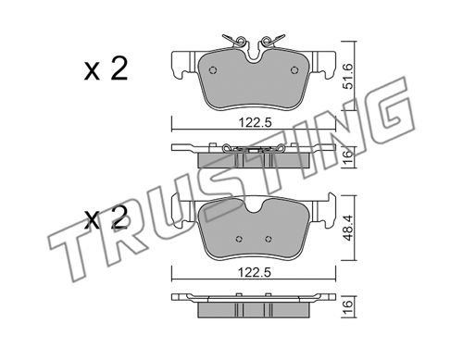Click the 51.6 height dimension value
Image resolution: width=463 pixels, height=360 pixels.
[348, 76]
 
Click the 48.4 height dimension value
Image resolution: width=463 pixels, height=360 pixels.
[348, 228]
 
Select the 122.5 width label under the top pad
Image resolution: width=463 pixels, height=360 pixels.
[255, 123]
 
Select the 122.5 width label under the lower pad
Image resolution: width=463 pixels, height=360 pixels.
[255, 272]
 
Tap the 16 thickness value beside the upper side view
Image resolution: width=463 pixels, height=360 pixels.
[348, 157]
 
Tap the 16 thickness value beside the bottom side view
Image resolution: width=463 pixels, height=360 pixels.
[348, 306]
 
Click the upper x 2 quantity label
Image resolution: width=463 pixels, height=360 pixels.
[106, 69]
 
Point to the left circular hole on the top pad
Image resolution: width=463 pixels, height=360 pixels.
[213, 70]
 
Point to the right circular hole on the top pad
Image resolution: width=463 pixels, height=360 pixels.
[294, 70]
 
